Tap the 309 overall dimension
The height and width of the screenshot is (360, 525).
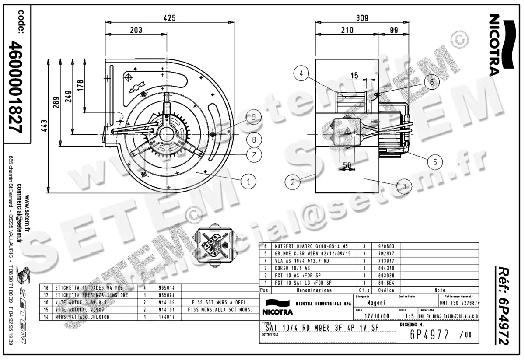click(362, 18)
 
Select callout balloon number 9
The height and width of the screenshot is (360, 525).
click(253, 117)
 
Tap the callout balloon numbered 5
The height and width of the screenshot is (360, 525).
click(434, 162)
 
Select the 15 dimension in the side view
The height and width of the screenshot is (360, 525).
click(354, 75)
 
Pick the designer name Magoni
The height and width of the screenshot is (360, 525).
click(376, 303)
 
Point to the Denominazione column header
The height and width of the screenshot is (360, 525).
click(314, 290)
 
